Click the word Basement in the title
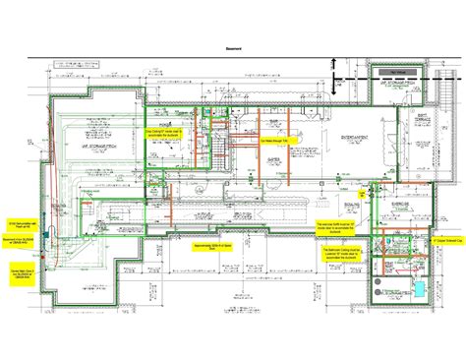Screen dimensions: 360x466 click(x=232, y=47)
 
